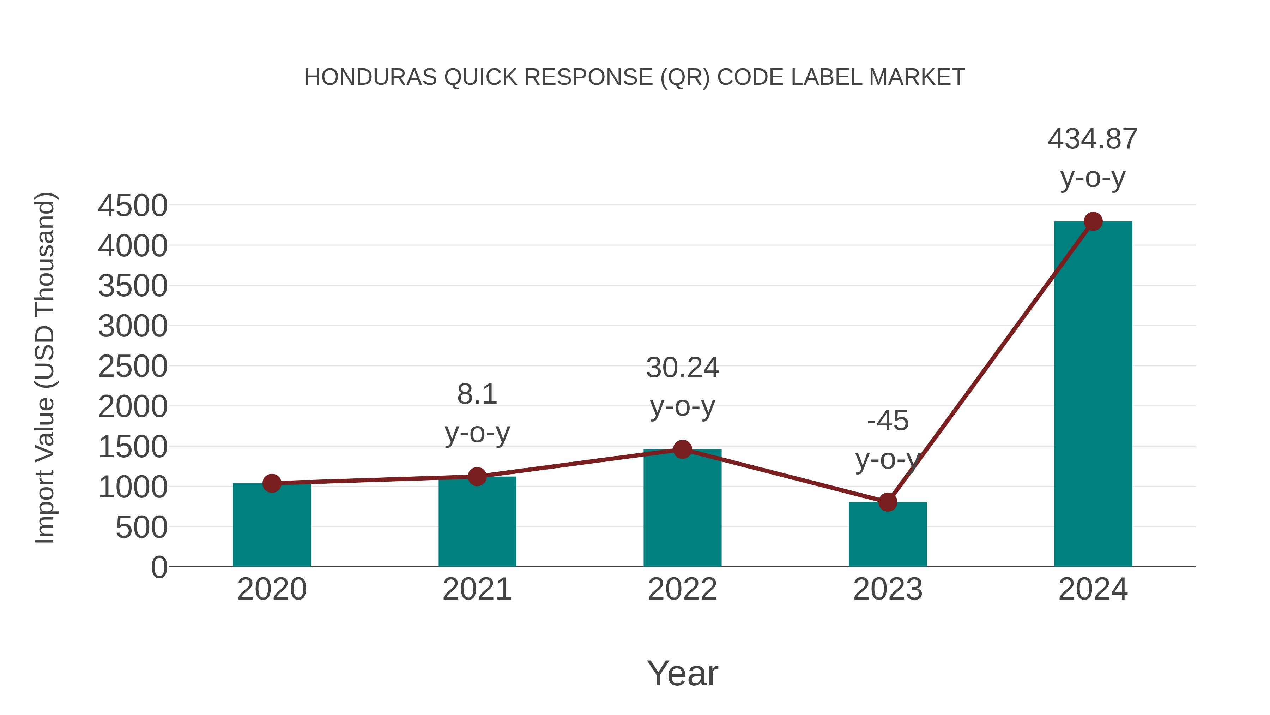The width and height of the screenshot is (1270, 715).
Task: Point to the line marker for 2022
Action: pyautogui.click(x=682, y=449)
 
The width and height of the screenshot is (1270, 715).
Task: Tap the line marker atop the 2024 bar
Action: pyautogui.click(x=1093, y=221)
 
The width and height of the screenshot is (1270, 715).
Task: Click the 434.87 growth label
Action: pyautogui.click(x=1093, y=139)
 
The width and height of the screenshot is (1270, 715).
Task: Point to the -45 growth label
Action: pyautogui.click(x=888, y=421)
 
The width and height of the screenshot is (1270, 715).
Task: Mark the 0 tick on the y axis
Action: pyautogui.click(x=159, y=567)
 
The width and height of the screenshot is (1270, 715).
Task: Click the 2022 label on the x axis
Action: pyautogui.click(x=682, y=589)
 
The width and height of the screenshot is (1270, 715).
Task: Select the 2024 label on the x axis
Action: pyautogui.click(x=1093, y=589)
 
